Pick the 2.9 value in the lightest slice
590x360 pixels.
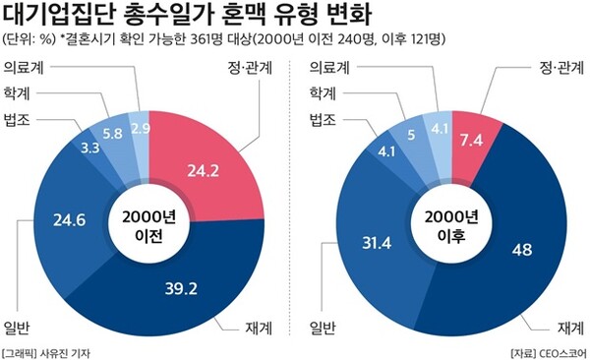140,128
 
